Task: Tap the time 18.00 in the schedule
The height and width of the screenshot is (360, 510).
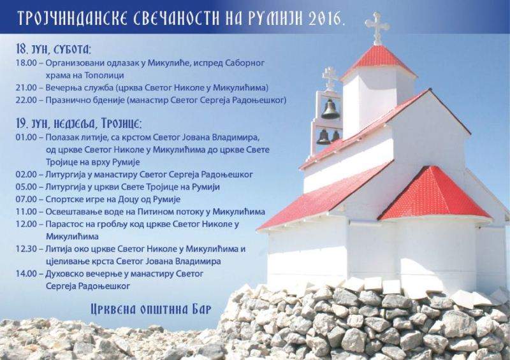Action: pos(26,63)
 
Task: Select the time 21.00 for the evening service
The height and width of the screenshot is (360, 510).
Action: pos(26,88)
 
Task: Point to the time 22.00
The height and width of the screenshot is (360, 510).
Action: pos(26,100)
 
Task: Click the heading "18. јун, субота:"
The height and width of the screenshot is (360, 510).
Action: pos(54,49)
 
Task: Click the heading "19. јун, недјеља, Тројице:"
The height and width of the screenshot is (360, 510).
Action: pos(79,124)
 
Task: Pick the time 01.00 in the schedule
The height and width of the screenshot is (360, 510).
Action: pos(26,137)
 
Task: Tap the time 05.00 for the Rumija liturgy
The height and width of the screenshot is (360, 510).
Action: pos(26,187)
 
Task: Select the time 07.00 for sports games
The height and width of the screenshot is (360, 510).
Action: pos(26,199)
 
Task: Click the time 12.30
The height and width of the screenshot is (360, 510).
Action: pos(26,249)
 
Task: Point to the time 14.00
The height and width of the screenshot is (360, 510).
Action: pos(26,274)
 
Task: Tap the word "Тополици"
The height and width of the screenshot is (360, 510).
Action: pos(104,75)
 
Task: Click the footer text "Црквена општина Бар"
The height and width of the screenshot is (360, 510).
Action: pos(151,309)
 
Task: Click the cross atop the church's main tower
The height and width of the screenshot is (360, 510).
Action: pos(377,28)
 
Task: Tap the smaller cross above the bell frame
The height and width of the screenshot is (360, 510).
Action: pos(330,78)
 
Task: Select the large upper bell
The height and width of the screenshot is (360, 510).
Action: pos(330,110)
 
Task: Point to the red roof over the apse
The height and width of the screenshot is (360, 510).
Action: pos(435,194)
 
